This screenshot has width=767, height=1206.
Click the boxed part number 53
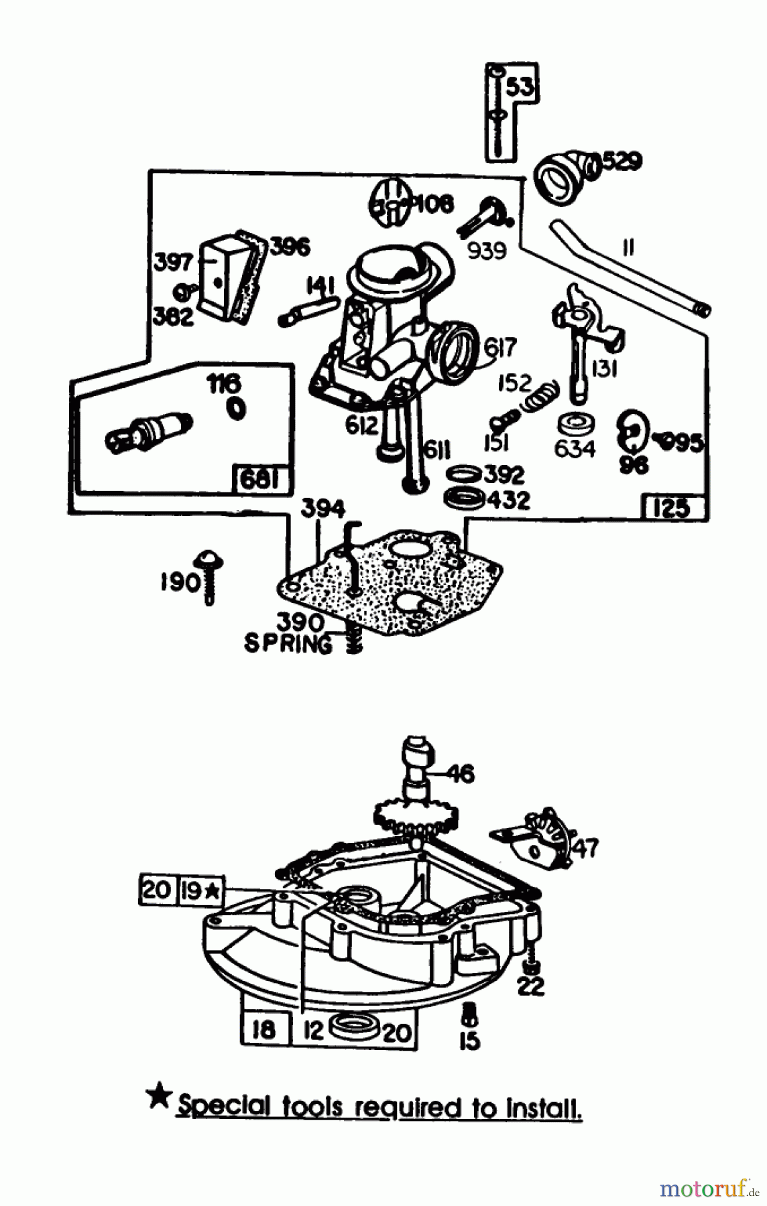pos(522,88)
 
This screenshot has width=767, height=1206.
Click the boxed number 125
pos(671,507)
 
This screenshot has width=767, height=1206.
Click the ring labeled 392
pos(463,474)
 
